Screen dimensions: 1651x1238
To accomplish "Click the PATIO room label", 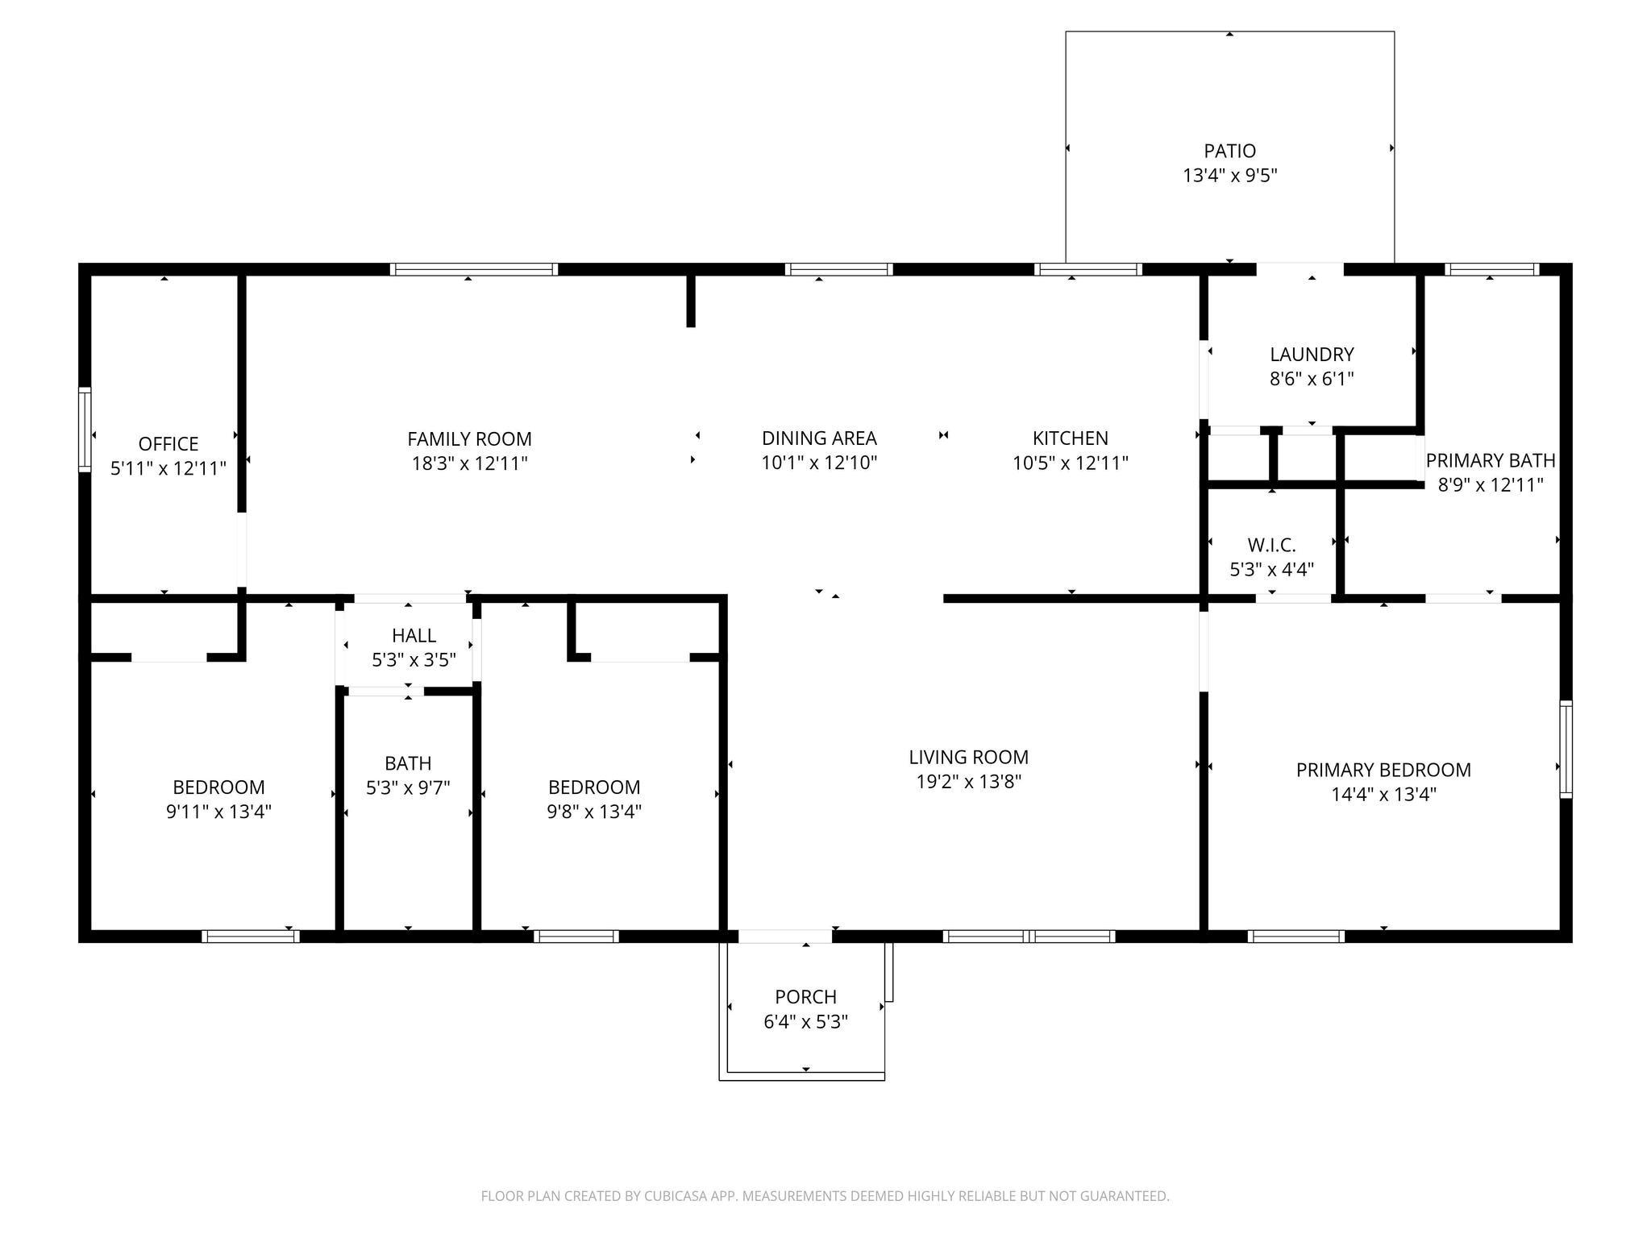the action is tap(1229, 151).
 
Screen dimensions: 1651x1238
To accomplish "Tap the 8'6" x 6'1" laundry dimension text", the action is tap(1312, 379).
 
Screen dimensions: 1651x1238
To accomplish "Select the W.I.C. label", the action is tap(1271, 546).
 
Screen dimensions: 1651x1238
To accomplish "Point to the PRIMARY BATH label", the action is tap(1491, 460).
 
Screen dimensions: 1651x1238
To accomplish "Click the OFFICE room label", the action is tap(168, 444).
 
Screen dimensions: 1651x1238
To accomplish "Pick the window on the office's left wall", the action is tap(84, 429).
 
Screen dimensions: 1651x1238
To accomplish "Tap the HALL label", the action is tap(414, 636).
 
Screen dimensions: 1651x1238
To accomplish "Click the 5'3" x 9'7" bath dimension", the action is tap(408, 787).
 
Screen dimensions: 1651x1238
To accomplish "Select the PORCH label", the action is tap(805, 997).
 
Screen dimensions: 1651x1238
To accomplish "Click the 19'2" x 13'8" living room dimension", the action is tap(968, 782).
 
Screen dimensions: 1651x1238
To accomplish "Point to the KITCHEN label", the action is tap(1071, 438).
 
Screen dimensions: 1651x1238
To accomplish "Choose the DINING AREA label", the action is tap(819, 438).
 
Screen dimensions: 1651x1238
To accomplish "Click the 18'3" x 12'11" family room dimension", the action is tap(469, 463).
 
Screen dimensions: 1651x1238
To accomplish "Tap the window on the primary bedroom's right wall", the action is tap(1566, 749).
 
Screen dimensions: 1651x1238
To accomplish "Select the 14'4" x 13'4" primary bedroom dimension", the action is tap(1383, 795).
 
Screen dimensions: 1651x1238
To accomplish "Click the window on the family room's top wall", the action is tap(474, 269).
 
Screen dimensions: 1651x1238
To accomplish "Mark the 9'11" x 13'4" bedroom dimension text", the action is tap(218, 812).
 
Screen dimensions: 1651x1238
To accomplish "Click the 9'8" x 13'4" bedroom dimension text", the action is tap(594, 812).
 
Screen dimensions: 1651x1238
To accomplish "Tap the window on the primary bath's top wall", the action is tap(1492, 269).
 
